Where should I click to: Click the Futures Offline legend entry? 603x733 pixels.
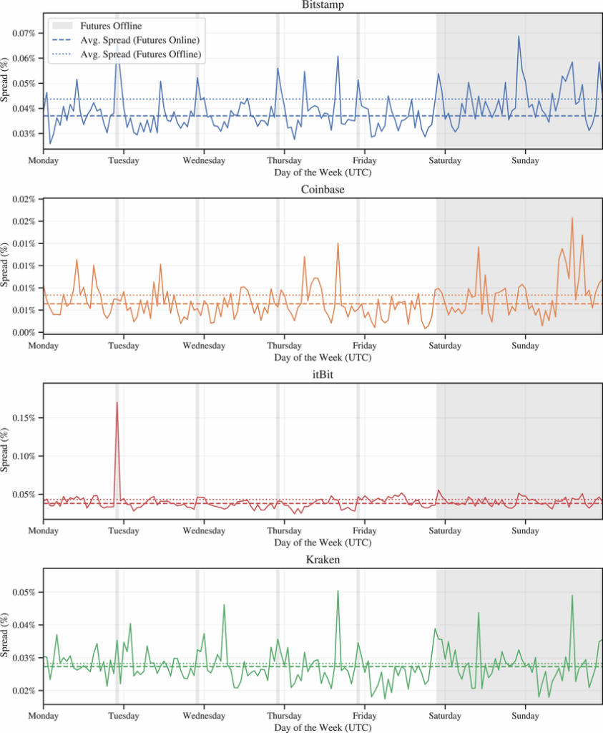pos(110,26)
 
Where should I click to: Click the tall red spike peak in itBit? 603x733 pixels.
pos(117,402)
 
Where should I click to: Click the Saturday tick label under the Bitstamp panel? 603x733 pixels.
pos(445,160)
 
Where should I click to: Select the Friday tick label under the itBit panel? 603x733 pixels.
pos(365,531)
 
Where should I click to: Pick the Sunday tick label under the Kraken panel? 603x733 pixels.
pos(526,715)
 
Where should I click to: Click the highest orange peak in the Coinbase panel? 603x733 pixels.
pos(572,218)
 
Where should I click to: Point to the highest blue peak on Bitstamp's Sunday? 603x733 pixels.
pos(519,36)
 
